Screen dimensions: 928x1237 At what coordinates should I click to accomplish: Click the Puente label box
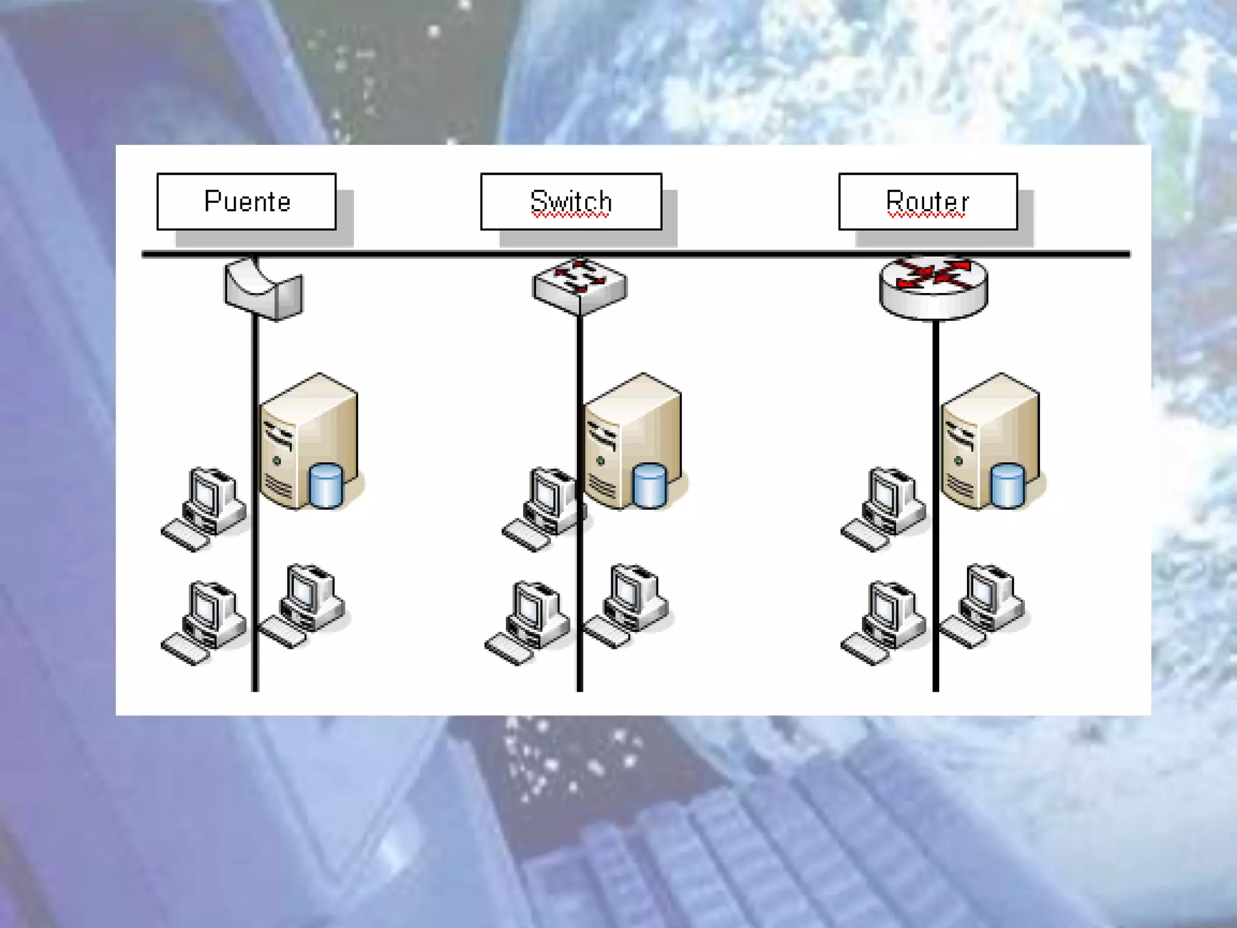click(x=246, y=201)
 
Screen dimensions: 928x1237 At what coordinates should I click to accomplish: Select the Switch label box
click(x=571, y=201)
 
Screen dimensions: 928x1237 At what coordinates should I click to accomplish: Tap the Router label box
click(x=928, y=201)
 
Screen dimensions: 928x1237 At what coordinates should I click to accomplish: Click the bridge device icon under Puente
click(x=264, y=289)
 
